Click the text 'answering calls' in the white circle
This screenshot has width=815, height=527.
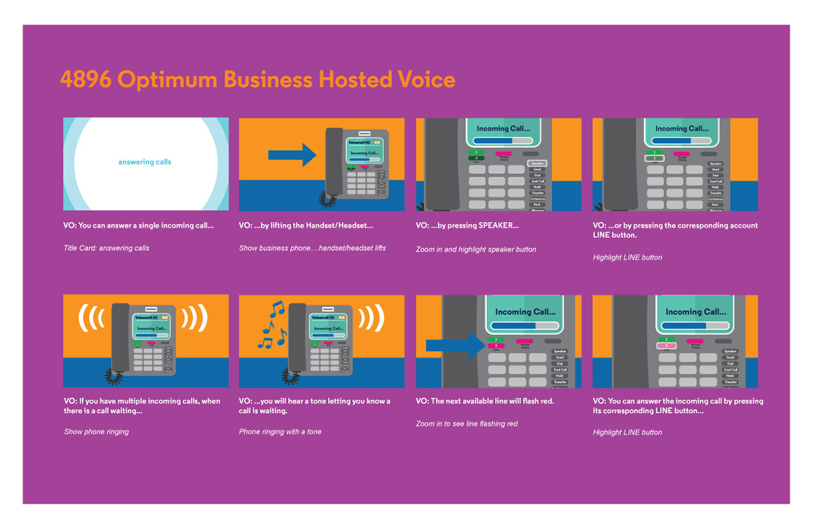(x=145, y=162)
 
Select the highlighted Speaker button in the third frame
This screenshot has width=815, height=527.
(x=537, y=164)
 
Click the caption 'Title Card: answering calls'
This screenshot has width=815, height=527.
(x=107, y=248)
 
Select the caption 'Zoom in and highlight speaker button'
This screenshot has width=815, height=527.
(x=476, y=249)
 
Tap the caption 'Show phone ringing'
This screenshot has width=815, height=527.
(x=96, y=432)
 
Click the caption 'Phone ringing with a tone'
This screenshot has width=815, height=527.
(x=280, y=432)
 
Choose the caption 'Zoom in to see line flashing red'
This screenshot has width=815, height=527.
(x=467, y=424)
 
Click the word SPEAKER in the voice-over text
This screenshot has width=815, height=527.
(x=499, y=225)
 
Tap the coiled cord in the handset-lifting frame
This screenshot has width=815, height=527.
(x=328, y=198)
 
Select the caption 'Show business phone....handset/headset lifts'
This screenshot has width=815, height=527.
(x=312, y=248)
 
